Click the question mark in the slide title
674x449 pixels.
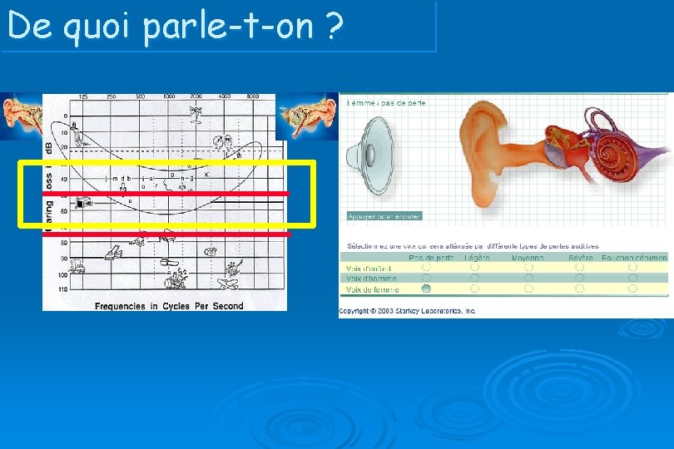pos(335,27)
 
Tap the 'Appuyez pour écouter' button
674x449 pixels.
pos(384,216)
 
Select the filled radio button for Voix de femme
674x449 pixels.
pos(426,289)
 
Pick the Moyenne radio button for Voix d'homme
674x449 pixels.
pos(528,279)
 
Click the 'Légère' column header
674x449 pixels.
pos(476,258)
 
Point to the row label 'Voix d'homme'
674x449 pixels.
pos(371,279)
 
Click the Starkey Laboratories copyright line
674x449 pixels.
pos(407,311)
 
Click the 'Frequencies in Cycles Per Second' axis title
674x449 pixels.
pos(169,306)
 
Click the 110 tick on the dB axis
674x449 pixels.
pos(63,288)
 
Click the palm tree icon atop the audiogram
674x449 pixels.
pos(196,111)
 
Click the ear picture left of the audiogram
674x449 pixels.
pos(21,115)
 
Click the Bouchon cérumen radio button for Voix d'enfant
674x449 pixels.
pos(632,268)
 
